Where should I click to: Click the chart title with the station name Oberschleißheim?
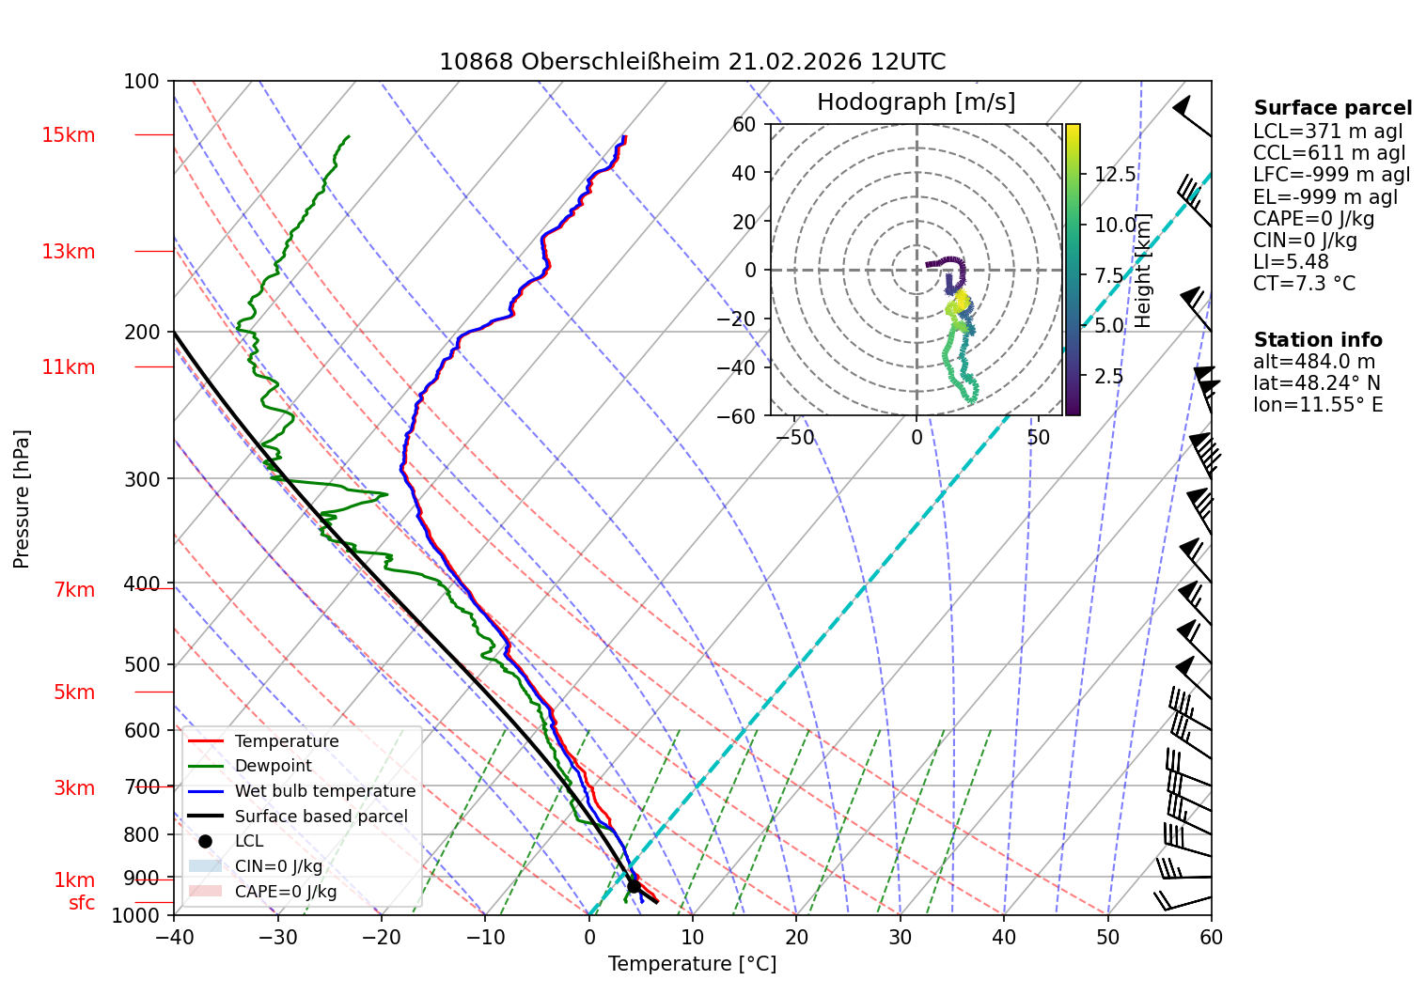pyautogui.click(x=692, y=62)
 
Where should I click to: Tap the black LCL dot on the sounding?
pyautogui.click(x=634, y=886)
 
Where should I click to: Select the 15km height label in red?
pyautogui.click(x=68, y=135)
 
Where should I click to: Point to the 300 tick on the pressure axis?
pyautogui.click(x=142, y=478)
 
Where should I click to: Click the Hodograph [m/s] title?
pyautogui.click(x=917, y=101)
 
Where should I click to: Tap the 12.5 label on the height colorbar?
pyautogui.click(x=1115, y=174)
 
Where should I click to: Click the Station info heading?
pyautogui.click(x=1318, y=340)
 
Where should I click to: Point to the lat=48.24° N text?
pyautogui.click(x=1317, y=383)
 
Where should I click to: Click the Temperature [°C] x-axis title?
pyautogui.click(x=692, y=963)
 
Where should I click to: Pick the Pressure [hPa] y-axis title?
pyautogui.click(x=21, y=499)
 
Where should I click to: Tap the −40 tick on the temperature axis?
pyautogui.click(x=173, y=937)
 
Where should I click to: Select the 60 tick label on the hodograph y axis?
pyautogui.click(x=744, y=124)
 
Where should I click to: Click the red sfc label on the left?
pyautogui.click(x=82, y=902)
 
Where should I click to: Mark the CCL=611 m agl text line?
pyautogui.click(x=1328, y=153)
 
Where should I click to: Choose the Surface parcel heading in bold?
pyautogui.click(x=1332, y=107)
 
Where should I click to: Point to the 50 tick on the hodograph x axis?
pyautogui.click(x=1039, y=437)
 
